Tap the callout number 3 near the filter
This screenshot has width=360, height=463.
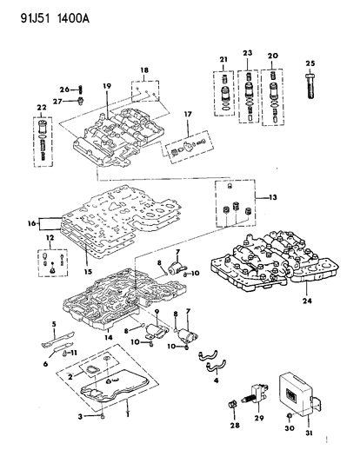pyautogui.click(x=79, y=418)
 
